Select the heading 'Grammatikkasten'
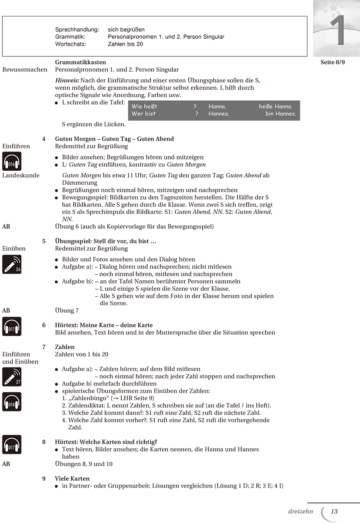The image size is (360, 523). click(80, 62)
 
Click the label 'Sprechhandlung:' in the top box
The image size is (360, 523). click(77, 30)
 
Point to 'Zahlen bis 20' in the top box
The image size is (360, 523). click(125, 44)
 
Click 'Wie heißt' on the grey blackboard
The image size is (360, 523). click(144, 106)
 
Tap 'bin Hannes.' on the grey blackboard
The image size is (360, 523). click(281, 114)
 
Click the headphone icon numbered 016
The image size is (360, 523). click(12, 162)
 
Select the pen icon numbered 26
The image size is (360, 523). click(12, 264)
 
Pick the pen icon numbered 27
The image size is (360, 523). click(12, 377)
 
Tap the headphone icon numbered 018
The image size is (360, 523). click(12, 402)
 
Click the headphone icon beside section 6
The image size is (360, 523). click(12, 326)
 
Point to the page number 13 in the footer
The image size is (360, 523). click(334, 511)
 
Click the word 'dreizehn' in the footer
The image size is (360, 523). click(300, 511)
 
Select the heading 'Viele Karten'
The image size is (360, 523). click(72, 479)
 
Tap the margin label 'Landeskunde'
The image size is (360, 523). click(21, 175)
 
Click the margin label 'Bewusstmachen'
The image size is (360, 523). click(25, 70)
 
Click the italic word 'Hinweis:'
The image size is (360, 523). click(67, 80)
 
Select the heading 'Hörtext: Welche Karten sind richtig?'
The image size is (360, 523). click(106, 442)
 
